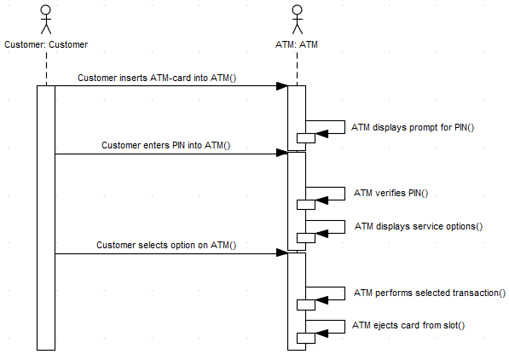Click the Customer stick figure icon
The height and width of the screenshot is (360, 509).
click(x=46, y=18)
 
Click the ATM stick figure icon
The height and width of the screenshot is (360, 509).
click(x=296, y=18)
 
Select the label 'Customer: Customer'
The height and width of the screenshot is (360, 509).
click(x=46, y=44)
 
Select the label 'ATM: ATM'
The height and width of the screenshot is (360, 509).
click(x=296, y=44)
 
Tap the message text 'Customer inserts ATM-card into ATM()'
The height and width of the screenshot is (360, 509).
click(x=157, y=78)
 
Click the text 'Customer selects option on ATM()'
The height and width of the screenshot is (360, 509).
click(x=166, y=245)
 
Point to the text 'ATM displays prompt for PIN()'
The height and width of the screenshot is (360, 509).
click(x=413, y=127)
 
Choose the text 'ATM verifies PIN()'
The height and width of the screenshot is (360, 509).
click(x=390, y=193)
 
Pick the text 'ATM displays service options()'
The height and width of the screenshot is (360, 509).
click(x=419, y=226)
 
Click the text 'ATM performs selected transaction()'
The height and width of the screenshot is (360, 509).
click(x=430, y=293)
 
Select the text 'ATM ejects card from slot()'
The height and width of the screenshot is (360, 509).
click(x=408, y=326)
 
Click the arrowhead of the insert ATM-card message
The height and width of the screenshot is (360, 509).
click(x=282, y=86)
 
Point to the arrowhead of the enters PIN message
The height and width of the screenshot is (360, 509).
click(x=282, y=154)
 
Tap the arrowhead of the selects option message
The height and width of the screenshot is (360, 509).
click(x=282, y=253)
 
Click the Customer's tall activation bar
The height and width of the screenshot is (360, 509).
click(x=46, y=217)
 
